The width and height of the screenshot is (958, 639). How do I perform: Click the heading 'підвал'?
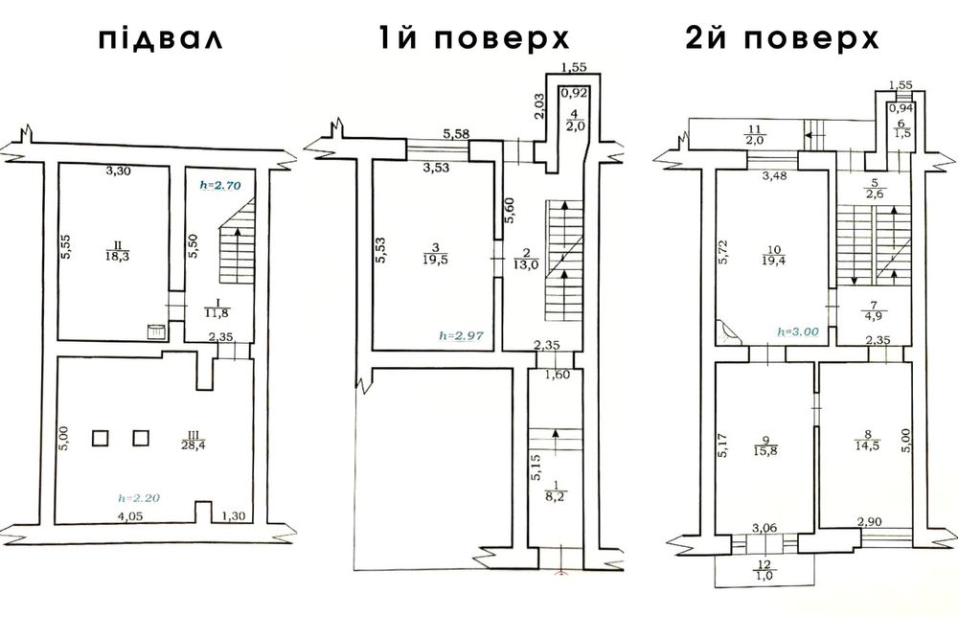pos(160,40)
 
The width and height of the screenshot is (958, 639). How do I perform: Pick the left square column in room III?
pos(102,438)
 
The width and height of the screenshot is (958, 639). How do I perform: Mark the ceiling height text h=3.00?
pos(800,331)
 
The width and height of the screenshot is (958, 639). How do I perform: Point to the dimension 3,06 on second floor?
pos(764,527)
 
